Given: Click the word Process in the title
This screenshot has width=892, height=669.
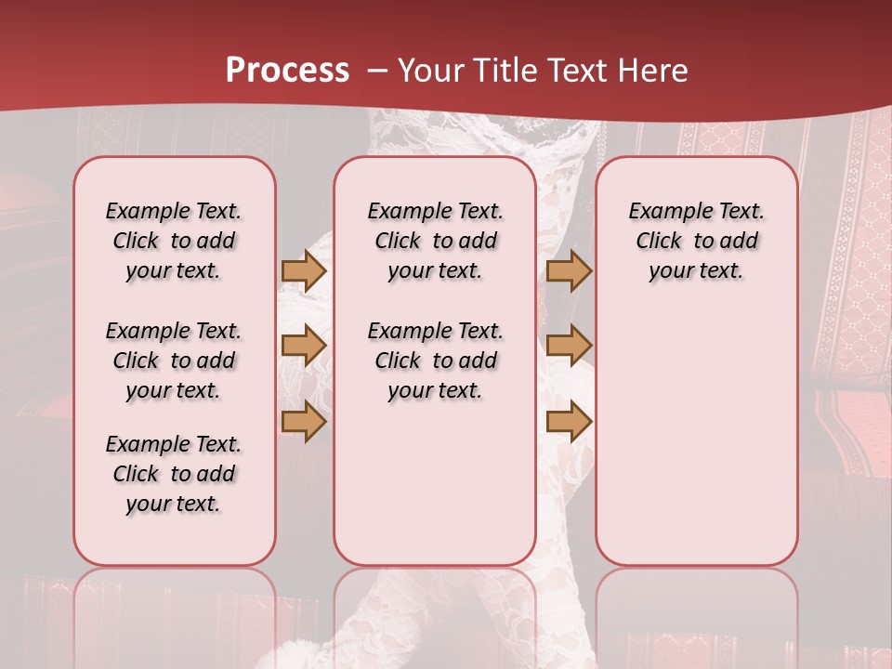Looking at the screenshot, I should tap(287, 71).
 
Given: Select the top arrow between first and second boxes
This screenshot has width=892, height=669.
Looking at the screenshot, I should tap(303, 271).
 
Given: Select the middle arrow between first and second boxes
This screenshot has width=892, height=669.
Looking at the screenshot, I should tap(303, 346).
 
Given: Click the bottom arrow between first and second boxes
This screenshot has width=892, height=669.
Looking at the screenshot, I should tap(303, 422).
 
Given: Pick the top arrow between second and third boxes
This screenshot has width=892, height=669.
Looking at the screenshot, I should tap(568, 271).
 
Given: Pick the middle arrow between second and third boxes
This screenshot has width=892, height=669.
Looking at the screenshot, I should tap(568, 346).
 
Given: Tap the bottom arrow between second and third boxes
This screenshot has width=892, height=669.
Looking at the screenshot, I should tap(568, 422).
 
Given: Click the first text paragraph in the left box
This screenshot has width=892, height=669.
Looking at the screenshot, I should tap(174, 241).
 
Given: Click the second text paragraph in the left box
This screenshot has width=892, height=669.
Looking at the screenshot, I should tap(174, 361).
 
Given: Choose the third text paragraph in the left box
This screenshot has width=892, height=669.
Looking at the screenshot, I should tap(174, 474).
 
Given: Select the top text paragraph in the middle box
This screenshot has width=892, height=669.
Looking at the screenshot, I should tap(435, 241).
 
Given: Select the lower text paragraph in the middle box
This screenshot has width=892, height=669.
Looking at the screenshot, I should tap(435, 361).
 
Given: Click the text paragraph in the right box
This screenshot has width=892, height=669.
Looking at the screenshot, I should tap(696, 241).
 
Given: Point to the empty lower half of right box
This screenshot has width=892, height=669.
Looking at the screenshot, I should tap(696, 446).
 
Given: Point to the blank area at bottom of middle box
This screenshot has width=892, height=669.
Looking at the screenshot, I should tap(435, 492).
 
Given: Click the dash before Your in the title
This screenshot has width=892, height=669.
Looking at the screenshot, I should tap(377, 71).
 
